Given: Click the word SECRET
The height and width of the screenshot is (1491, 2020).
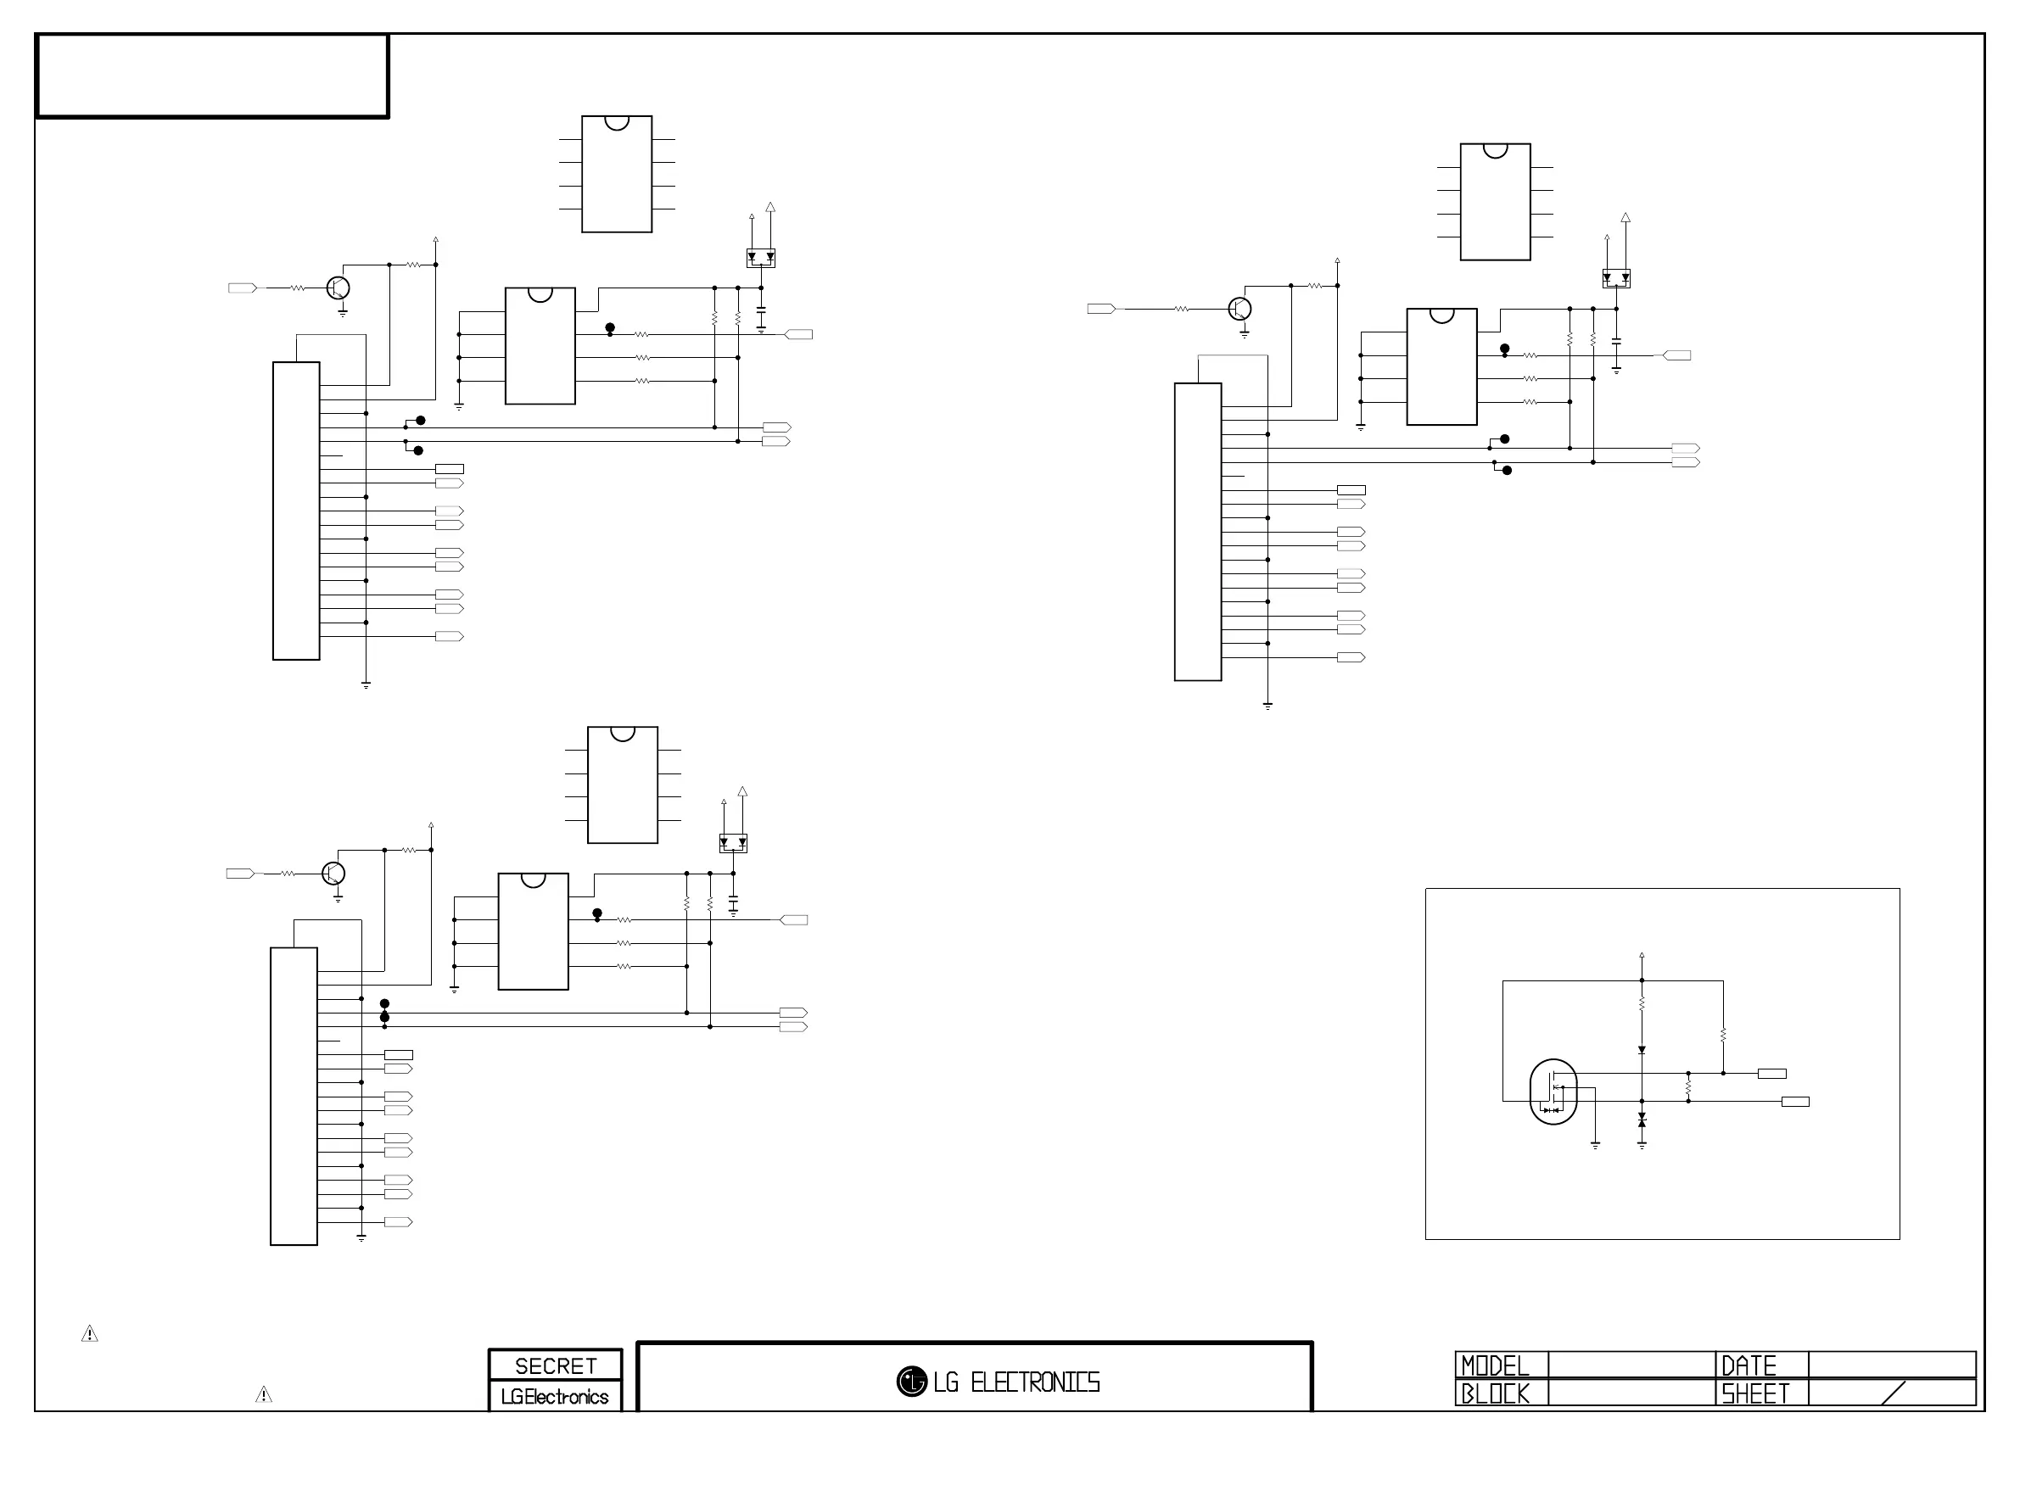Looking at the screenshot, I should (555, 1365).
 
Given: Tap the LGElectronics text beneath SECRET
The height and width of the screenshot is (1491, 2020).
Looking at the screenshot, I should (555, 1396).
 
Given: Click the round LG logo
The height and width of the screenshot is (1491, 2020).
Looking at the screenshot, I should (912, 1381).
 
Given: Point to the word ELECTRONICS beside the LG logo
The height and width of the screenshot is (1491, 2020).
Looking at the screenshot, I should (1034, 1382).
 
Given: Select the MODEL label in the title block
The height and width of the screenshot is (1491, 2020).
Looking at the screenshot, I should (1495, 1365).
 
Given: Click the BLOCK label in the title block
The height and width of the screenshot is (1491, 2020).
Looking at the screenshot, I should (1495, 1393).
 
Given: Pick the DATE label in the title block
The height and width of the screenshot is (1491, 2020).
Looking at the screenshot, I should (1749, 1365).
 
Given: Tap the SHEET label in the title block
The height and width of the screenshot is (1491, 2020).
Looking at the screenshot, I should (1754, 1393).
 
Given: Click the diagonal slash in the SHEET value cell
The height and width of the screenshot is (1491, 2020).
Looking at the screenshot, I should (1894, 1393).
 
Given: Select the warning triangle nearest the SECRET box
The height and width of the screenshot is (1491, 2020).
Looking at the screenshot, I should (264, 1395).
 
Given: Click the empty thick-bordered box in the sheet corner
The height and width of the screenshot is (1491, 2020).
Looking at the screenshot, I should (212, 75).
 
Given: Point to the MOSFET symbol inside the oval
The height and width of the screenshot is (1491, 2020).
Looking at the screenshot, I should (1553, 1092).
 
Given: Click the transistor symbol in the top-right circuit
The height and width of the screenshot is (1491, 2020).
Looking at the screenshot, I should (1240, 309).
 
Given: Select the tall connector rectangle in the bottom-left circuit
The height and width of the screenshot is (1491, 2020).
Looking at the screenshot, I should (294, 1096).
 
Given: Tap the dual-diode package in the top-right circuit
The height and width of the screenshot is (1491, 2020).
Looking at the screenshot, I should (1615, 279).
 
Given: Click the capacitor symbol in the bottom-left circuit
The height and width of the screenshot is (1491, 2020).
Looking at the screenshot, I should (733, 903).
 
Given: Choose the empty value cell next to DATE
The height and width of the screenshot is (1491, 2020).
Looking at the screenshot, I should (1892, 1364).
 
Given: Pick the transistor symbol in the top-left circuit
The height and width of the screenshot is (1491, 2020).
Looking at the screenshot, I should (339, 288).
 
